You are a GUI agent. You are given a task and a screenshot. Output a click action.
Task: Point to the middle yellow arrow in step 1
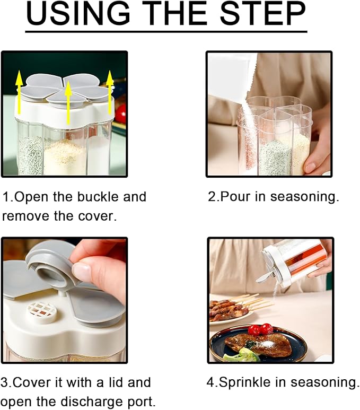coord(68,101)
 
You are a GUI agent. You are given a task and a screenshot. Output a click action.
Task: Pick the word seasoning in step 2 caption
coord(304,197)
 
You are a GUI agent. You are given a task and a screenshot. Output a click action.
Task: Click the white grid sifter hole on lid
coord(41,310)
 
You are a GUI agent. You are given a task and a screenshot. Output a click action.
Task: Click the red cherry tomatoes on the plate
coord(260,329)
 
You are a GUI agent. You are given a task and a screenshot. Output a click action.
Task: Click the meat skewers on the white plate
coord(229,308)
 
